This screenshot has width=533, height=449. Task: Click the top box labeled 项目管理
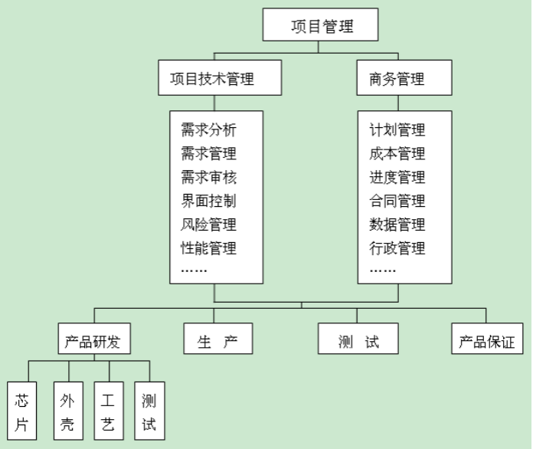(322, 26)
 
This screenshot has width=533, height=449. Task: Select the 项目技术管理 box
(212, 78)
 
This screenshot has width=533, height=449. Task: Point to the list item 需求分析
(208, 129)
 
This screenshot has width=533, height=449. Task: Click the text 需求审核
(208, 177)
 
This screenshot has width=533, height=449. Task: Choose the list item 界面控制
(208, 201)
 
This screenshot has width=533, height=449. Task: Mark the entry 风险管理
(208, 224)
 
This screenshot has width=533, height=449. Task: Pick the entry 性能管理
(208, 247)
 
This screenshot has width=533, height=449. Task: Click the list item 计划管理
(397, 129)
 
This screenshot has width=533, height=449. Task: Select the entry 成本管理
(397, 153)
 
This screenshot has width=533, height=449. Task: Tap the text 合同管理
(397, 201)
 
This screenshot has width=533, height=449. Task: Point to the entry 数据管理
(397, 224)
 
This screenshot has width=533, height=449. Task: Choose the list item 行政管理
(397, 247)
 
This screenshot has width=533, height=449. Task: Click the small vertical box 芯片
(21, 412)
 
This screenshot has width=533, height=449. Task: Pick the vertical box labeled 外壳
(67, 412)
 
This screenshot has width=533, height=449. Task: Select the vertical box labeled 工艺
(108, 412)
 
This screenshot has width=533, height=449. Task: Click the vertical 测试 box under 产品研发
(149, 412)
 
